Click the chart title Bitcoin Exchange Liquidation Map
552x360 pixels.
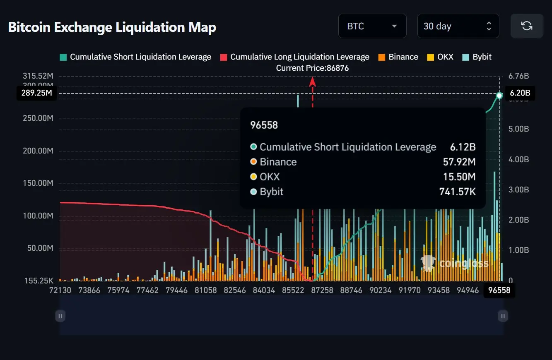click(x=112, y=27)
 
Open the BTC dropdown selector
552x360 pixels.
click(x=372, y=26)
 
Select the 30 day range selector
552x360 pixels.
click(x=458, y=26)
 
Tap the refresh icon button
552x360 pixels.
click(x=527, y=26)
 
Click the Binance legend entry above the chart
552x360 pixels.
click(x=398, y=57)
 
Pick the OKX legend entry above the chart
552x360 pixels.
click(x=440, y=57)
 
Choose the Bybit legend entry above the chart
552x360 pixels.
click(x=477, y=57)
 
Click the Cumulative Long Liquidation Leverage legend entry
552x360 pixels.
click(x=294, y=57)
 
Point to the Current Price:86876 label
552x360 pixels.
click(x=313, y=68)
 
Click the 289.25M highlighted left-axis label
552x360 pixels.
click(x=37, y=93)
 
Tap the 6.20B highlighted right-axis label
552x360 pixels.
click(x=520, y=93)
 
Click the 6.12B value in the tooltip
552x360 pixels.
click(x=463, y=147)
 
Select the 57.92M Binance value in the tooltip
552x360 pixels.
click(x=459, y=162)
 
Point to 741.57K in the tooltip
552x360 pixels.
click(x=457, y=192)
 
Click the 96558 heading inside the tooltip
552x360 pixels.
click(x=264, y=125)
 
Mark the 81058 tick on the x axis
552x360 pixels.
click(x=206, y=290)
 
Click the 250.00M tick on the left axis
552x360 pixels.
click(x=38, y=118)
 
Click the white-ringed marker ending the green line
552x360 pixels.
click(x=499, y=96)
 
